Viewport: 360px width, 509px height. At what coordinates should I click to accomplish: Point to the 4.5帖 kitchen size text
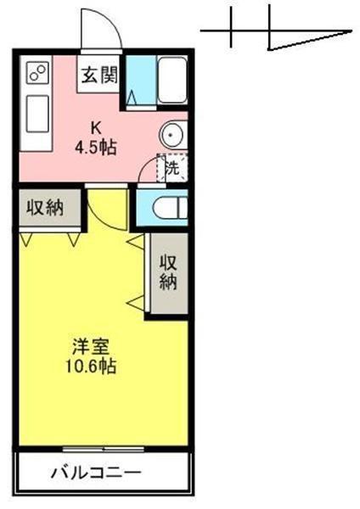pos(96,146)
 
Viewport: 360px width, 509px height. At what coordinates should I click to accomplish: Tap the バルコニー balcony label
pos(95,472)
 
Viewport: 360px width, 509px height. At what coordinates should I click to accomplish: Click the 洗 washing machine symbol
pos(172,168)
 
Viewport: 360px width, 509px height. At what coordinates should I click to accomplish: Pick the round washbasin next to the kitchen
pos(172,134)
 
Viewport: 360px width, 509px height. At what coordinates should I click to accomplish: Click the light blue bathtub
pos(173,83)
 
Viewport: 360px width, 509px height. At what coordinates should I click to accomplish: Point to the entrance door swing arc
pos(98,30)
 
